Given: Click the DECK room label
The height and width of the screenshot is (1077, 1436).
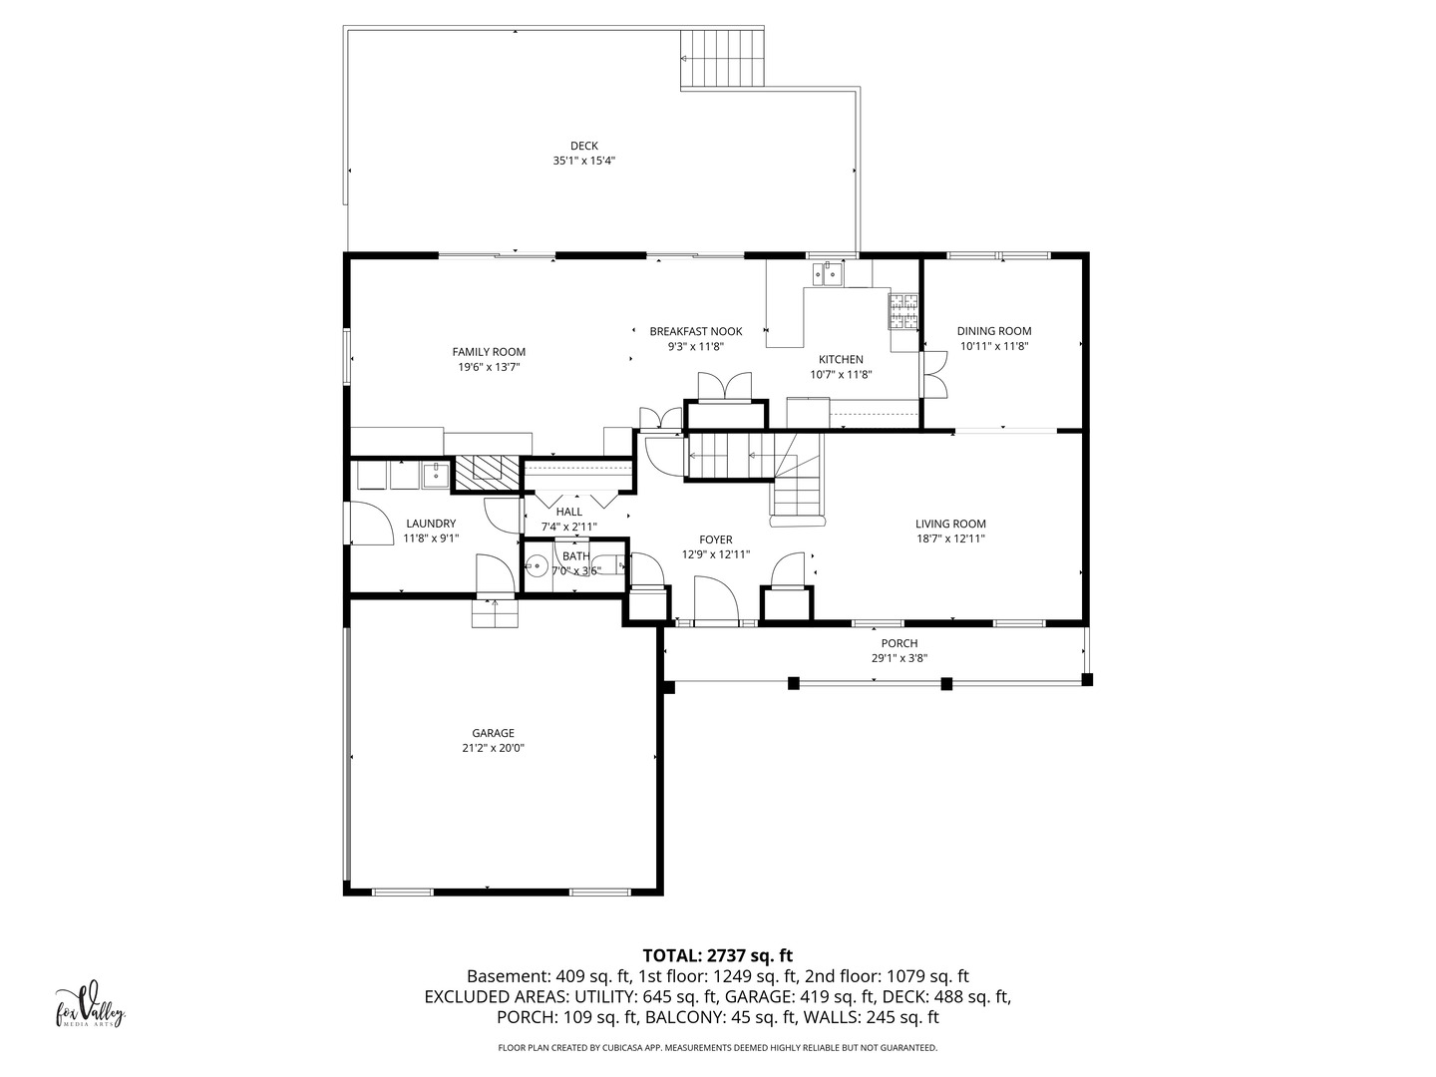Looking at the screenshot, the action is [x=583, y=146].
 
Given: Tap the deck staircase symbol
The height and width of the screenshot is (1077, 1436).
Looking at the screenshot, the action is [x=722, y=58].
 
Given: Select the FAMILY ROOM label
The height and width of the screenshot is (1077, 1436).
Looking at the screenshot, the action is [x=489, y=352].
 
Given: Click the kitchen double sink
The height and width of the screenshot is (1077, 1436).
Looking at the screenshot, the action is [x=829, y=274].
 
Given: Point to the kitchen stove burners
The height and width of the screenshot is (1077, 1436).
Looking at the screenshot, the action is [x=902, y=311].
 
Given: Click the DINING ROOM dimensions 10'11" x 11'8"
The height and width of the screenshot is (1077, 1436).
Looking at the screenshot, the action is [x=994, y=346].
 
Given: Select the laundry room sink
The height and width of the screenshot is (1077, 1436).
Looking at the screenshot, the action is [x=435, y=475].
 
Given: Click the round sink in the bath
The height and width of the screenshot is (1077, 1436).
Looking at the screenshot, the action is [x=538, y=566].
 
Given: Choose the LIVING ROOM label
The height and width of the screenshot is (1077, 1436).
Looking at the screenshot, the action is [x=950, y=524].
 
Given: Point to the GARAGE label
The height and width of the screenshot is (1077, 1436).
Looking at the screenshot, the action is [x=493, y=733].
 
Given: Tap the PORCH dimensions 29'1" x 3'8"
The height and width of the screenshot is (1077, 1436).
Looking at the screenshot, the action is [x=898, y=658].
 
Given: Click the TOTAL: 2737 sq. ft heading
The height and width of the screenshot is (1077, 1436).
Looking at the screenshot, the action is [x=718, y=956].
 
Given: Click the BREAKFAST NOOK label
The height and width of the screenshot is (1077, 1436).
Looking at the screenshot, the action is [x=695, y=331].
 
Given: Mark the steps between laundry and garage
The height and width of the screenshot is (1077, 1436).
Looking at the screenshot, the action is [x=496, y=613].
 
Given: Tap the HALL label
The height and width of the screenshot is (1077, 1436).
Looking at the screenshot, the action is [x=568, y=512].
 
